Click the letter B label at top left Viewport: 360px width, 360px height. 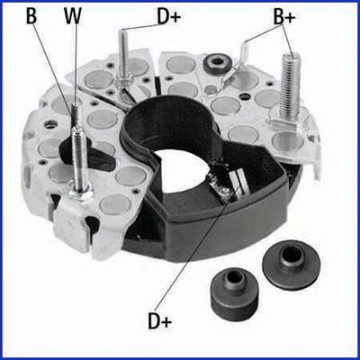tap(32, 15)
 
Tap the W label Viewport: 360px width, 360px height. tap(72, 15)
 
